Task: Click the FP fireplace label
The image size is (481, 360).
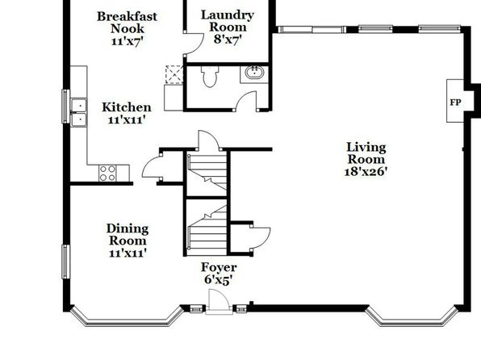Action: [x=455, y=103]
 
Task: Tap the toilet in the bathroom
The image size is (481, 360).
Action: [x=210, y=76]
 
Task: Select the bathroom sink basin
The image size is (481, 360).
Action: [x=254, y=73]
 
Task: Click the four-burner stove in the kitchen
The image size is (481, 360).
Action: [x=107, y=174]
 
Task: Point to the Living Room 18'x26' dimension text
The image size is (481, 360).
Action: [x=365, y=172]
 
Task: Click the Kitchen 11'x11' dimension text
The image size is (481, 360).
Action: [x=126, y=119]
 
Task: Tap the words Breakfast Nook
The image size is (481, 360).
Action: [x=127, y=22]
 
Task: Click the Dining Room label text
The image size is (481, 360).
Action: [x=128, y=234]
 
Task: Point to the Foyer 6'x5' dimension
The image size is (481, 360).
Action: [x=219, y=280]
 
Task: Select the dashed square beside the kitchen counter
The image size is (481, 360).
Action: [x=174, y=74]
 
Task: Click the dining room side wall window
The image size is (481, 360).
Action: [x=65, y=262]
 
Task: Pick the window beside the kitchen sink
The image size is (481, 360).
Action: [x=65, y=107]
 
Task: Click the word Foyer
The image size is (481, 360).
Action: [x=219, y=268]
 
